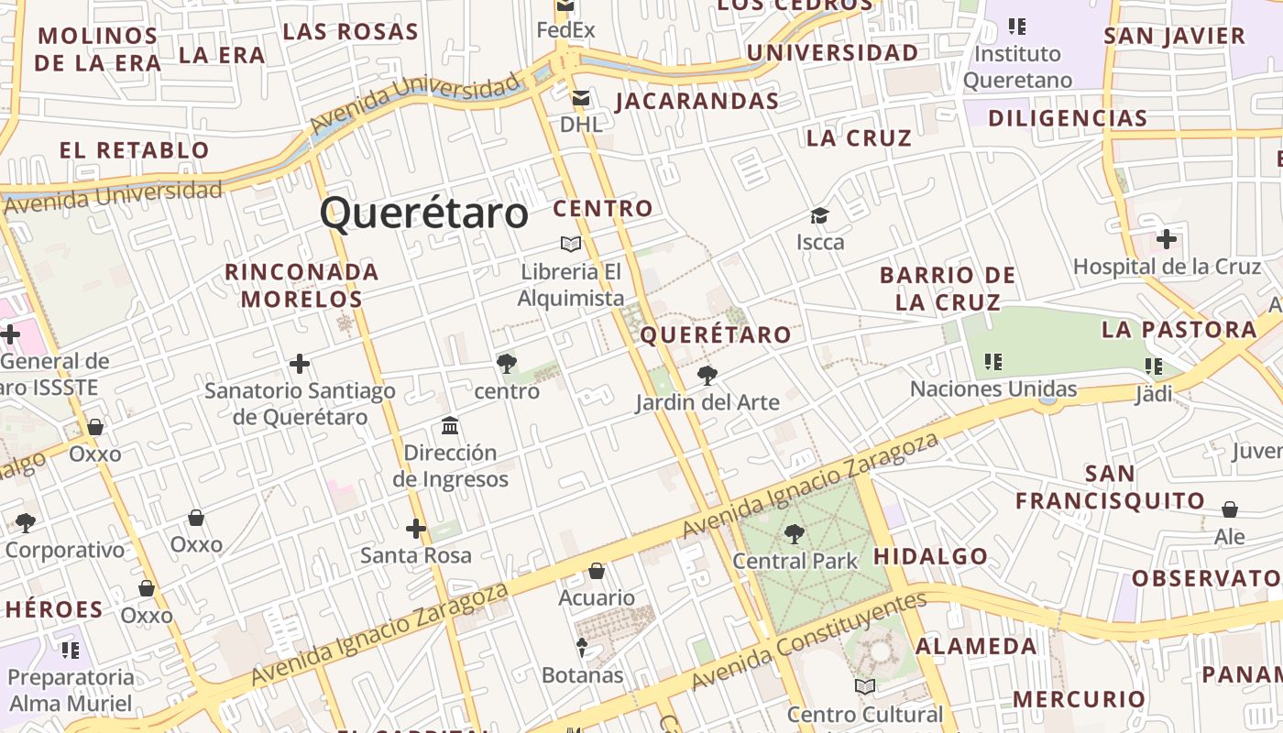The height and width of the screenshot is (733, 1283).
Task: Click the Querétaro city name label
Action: (424, 213)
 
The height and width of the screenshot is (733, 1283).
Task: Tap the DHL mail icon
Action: (580, 98)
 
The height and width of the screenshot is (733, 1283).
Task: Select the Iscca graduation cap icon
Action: (819, 216)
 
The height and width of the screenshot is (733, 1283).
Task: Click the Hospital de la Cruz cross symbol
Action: (1166, 240)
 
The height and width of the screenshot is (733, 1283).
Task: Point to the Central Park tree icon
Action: (794, 533)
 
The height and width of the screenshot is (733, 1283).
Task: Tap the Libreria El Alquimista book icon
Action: (571, 244)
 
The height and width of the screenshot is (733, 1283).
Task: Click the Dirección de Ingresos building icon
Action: (450, 426)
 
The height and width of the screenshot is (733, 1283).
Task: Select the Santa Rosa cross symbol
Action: (416, 529)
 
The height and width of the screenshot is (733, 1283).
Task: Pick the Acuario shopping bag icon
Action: (597, 572)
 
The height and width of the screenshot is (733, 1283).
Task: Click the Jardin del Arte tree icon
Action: (707, 375)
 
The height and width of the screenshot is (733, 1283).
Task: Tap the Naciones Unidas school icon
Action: (992, 362)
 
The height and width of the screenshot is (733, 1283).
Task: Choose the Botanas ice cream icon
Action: (582, 648)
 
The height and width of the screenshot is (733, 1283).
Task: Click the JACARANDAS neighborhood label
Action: (697, 101)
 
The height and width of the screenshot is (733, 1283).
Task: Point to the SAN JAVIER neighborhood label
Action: (1174, 37)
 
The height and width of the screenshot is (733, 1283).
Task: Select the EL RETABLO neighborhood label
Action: (135, 150)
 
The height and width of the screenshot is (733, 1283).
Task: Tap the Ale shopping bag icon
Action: (1230, 509)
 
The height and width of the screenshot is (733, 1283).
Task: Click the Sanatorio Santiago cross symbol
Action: (300, 365)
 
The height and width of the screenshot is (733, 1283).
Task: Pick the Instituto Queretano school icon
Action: (1016, 26)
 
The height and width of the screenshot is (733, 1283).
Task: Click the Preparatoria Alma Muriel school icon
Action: (71, 651)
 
